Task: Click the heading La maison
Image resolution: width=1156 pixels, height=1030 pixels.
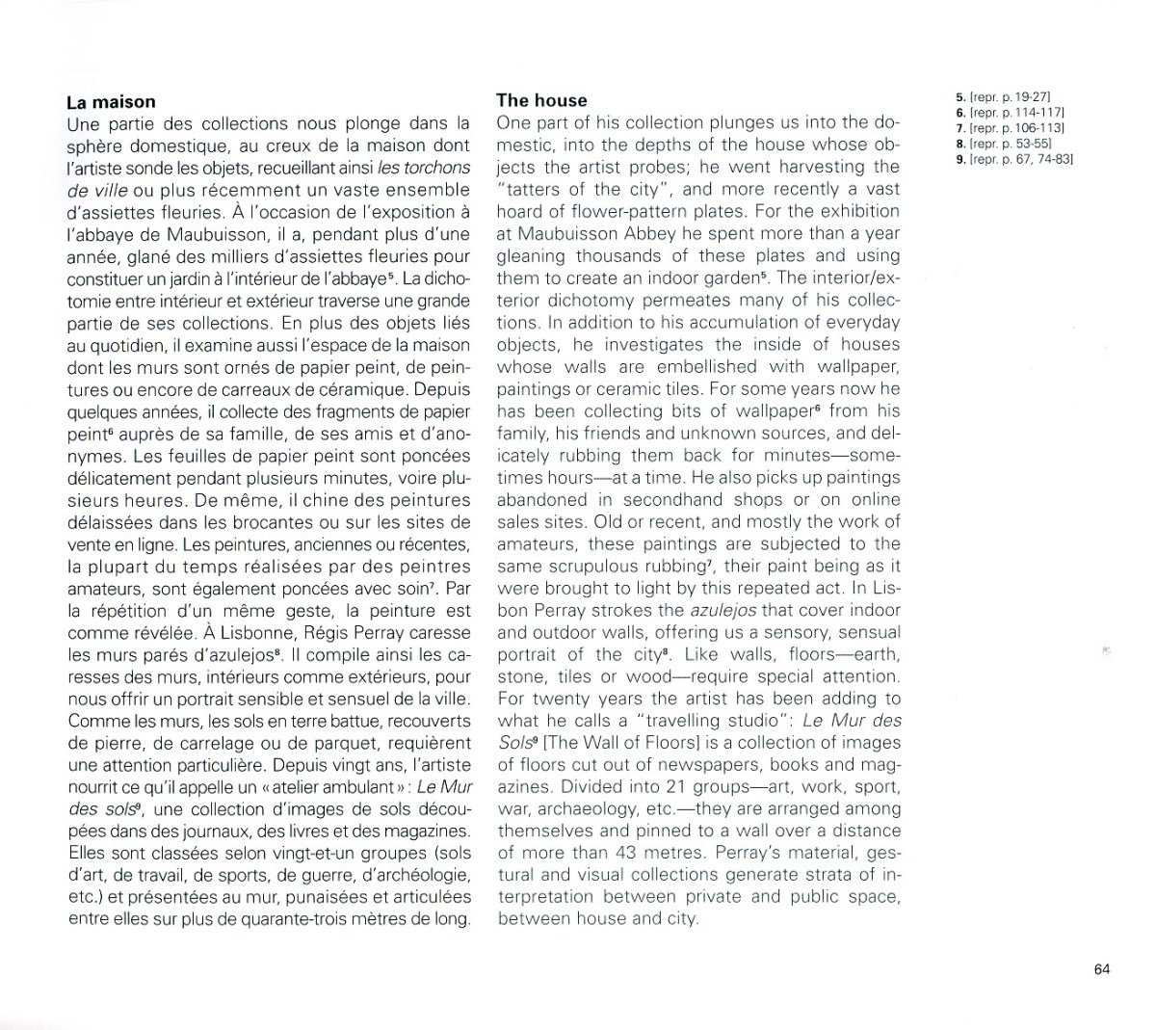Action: click(111, 102)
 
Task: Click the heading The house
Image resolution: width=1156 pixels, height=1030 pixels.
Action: click(541, 100)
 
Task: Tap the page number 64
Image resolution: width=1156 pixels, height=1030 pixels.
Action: click(1102, 969)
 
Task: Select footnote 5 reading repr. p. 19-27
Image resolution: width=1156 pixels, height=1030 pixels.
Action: click(1002, 97)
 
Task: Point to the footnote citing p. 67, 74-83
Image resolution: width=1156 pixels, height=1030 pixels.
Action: click(1013, 159)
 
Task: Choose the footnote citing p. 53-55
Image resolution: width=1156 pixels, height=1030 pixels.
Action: click(1002, 144)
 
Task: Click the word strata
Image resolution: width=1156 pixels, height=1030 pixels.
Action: click(827, 876)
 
